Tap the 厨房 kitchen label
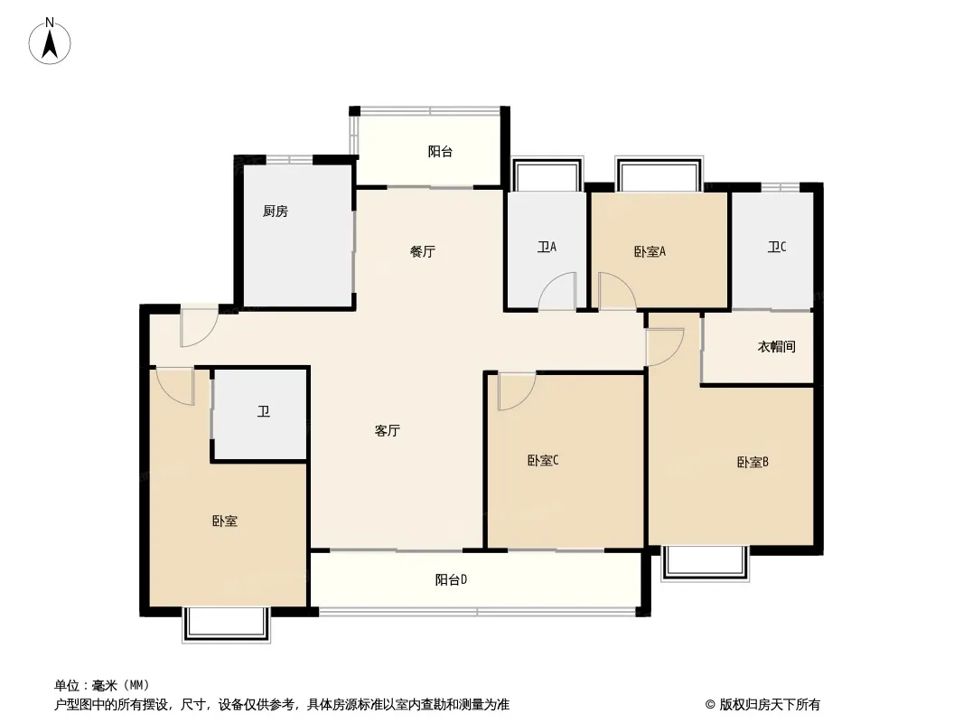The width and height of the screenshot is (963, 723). click(276, 211)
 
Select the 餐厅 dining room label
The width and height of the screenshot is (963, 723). click(423, 251)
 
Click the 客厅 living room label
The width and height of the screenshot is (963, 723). click(387, 430)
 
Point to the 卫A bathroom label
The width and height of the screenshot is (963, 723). click(547, 247)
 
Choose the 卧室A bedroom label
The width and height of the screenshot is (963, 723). click(650, 251)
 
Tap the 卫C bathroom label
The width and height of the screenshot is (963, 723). click(777, 247)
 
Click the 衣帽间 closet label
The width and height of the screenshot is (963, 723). click(776, 346)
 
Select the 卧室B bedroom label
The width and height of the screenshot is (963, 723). click(753, 462)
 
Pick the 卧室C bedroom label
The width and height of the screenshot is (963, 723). click(543, 460)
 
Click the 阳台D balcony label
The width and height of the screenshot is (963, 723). click(452, 579)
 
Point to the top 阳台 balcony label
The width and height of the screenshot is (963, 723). click(440, 151)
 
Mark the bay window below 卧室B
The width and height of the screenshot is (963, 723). click(705, 563)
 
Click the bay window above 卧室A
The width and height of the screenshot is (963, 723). click(659, 174)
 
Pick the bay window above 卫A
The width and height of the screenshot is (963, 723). click(547, 174)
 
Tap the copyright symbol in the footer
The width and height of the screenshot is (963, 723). click(710, 705)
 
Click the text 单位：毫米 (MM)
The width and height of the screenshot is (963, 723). click(102, 685)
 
